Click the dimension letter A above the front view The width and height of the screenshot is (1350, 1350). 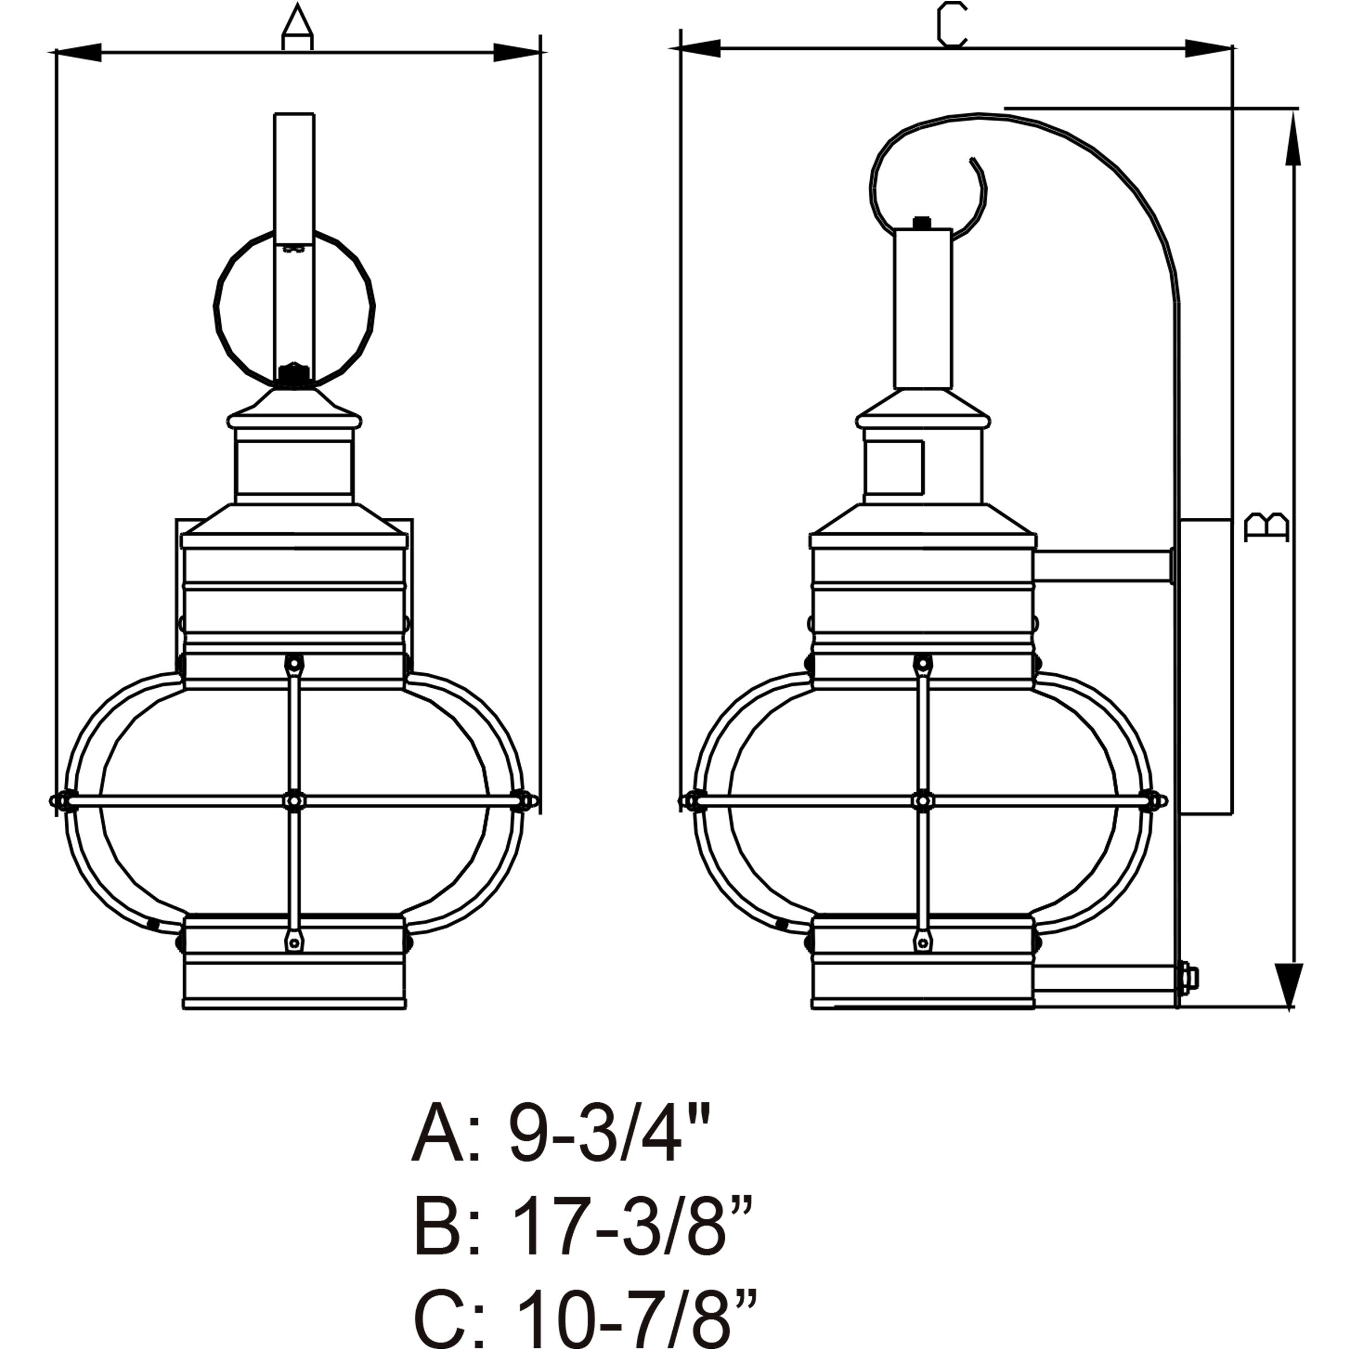tap(297, 28)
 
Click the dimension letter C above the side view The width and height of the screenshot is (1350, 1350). tap(952, 25)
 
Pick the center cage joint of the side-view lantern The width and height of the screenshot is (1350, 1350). tap(923, 800)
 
